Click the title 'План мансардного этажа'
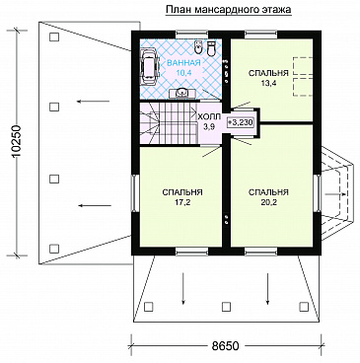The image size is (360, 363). (x=228, y=10)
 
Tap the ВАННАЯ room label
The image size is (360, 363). (x=183, y=63)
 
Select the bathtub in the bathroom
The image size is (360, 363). (x=149, y=66)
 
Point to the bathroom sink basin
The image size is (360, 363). (x=180, y=94)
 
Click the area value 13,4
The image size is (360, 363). (x=268, y=83)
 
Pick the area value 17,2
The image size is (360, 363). (x=182, y=202)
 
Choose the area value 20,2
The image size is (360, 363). (x=268, y=202)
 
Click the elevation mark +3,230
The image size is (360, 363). (x=241, y=122)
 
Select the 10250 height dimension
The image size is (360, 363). (x=16, y=142)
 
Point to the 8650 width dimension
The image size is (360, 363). (x=225, y=346)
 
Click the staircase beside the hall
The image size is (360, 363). (x=168, y=123)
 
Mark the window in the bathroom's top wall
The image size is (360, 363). (x=192, y=33)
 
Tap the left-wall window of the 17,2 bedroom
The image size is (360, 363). (x=134, y=192)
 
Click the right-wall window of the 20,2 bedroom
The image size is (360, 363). (x=317, y=192)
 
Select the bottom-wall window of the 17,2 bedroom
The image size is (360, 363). (x=192, y=253)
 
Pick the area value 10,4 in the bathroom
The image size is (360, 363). (x=183, y=73)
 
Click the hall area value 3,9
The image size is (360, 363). (x=209, y=127)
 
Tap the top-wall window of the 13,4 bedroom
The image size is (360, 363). (x=261, y=33)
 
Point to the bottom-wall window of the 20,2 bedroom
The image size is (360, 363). (x=261, y=253)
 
